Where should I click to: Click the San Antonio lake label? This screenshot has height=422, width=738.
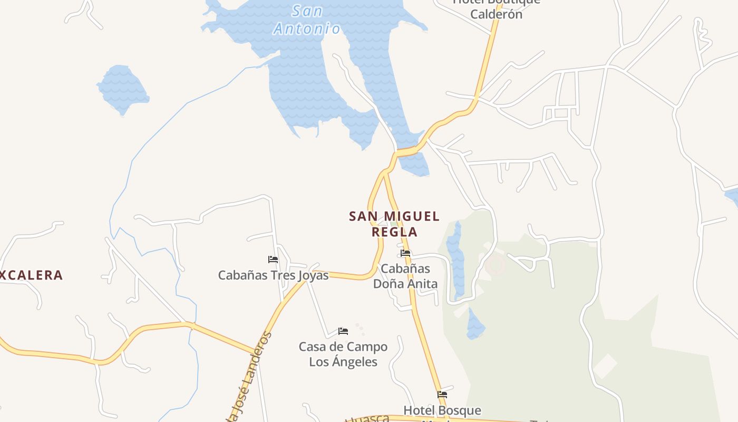(307, 20)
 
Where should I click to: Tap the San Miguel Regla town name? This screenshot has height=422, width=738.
(394, 224)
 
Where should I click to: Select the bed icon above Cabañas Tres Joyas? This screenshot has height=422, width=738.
(273, 260)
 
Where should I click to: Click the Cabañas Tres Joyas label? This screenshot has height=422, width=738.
(273, 275)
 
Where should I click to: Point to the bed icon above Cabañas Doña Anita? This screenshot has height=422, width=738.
(405, 253)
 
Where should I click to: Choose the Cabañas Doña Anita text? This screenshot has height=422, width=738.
(405, 276)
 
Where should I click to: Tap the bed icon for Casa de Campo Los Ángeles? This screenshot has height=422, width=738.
(343, 331)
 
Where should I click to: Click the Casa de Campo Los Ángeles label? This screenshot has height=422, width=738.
(343, 354)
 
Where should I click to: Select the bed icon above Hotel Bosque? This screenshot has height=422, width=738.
(442, 394)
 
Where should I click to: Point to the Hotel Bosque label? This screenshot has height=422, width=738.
(442, 410)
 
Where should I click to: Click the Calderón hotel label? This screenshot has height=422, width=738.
(496, 14)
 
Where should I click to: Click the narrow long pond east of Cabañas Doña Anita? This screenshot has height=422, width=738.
(455, 258)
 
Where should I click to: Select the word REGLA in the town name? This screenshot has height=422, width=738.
(394, 232)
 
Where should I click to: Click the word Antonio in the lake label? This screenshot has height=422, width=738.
(307, 28)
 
